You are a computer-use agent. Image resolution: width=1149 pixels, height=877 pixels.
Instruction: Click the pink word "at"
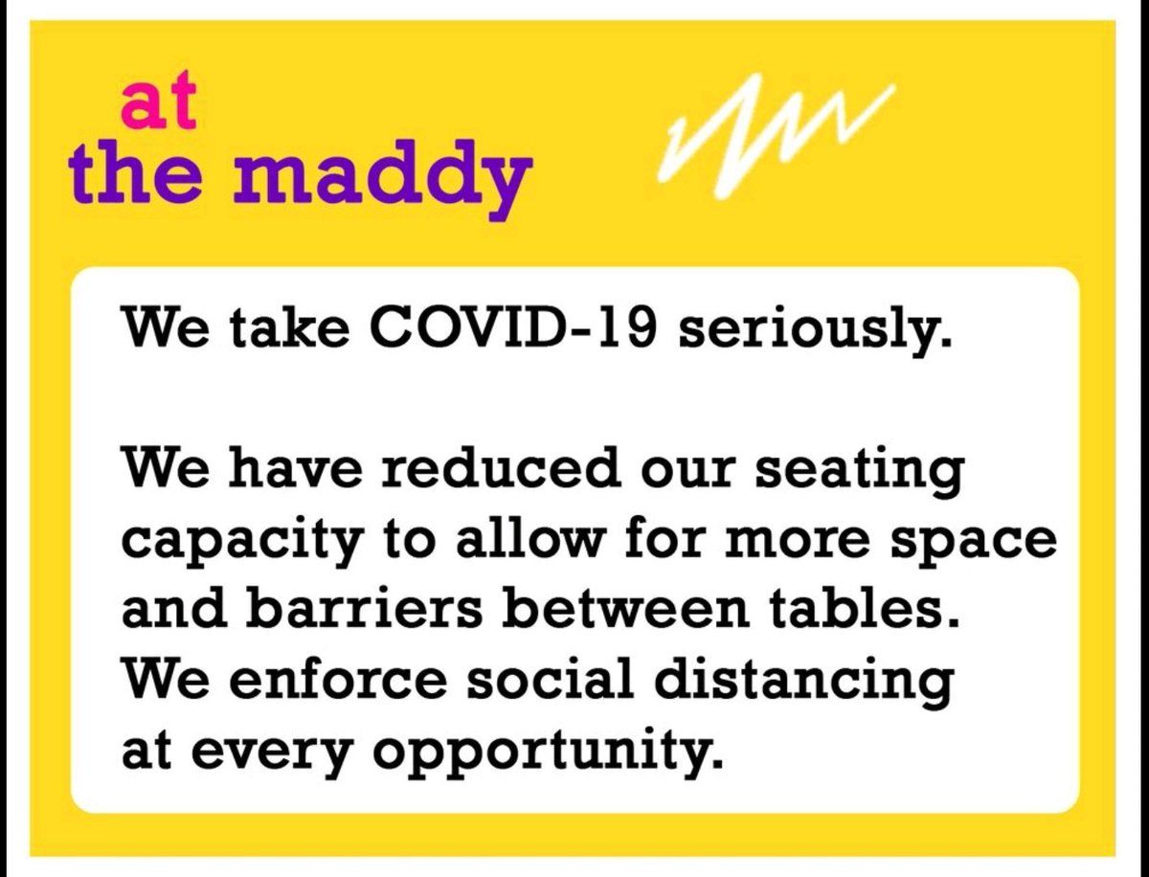pos(158,108)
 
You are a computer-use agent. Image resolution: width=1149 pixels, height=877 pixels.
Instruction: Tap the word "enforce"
pos(326,680)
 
